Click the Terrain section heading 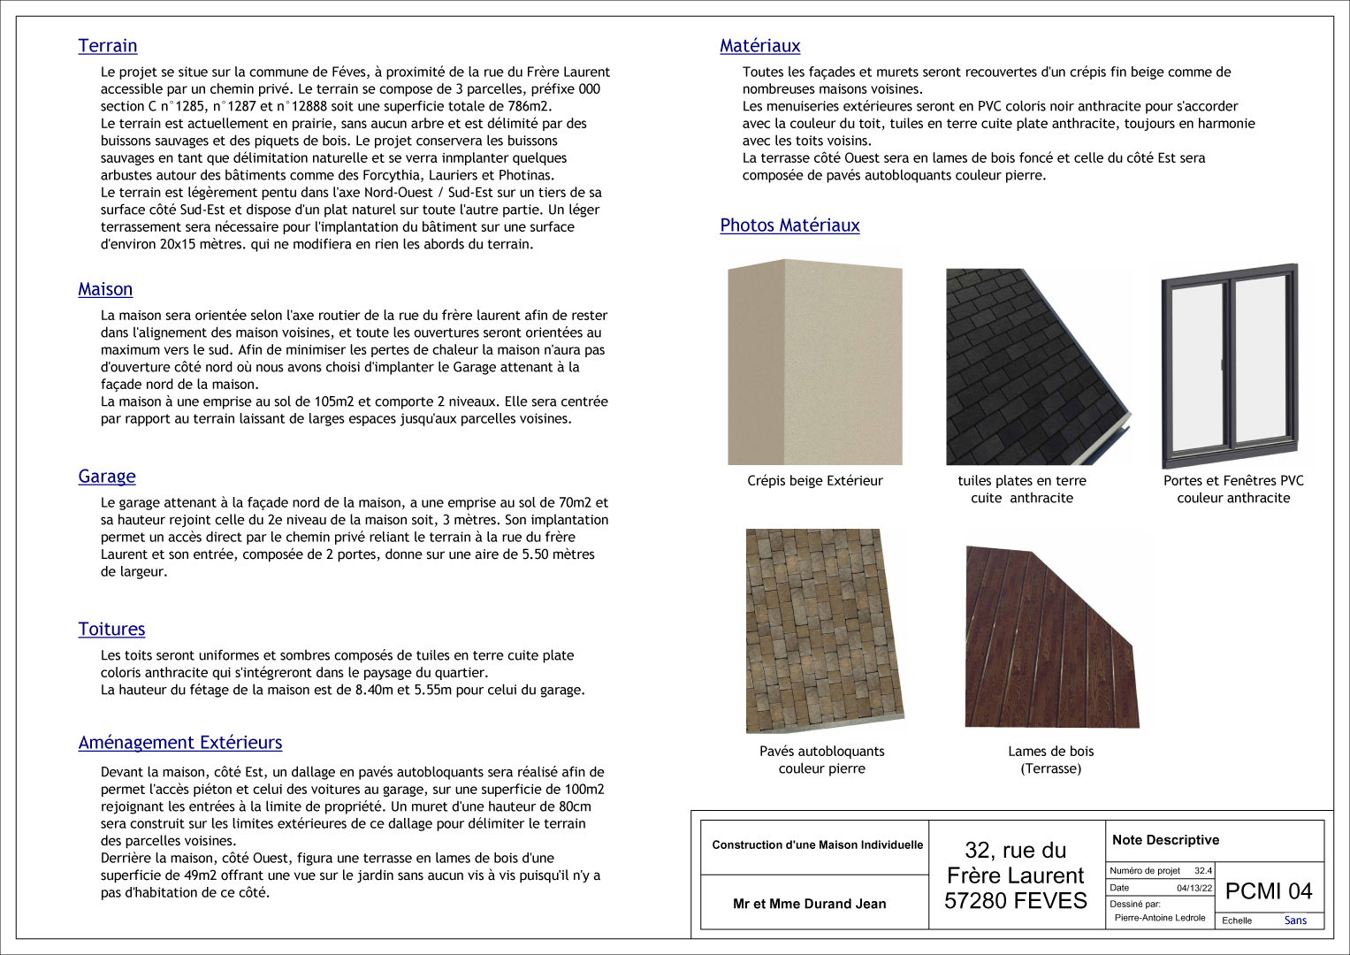pos(107,46)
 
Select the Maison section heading pos(105,289)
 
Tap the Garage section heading pos(107,477)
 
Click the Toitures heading pos(111,629)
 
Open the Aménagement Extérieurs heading pos(180,743)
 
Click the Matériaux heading pos(759,46)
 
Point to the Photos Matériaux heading pos(789,225)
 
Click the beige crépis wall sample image pos(814,362)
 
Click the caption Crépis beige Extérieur pos(814,481)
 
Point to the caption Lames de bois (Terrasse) pos(1050,760)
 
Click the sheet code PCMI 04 pos(1269,891)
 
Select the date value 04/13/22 pos(1194,888)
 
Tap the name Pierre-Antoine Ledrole pos(1160,918)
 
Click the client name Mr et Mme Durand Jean pos(809,904)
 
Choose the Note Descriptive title pos(1165,840)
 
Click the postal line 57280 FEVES pos(1015,901)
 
